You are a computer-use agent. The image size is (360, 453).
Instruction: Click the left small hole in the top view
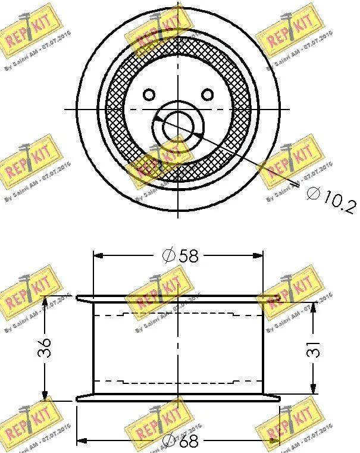(149, 94)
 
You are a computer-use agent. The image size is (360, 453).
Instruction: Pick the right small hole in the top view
(207, 94)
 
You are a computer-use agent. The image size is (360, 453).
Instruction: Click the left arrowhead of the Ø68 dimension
(84, 442)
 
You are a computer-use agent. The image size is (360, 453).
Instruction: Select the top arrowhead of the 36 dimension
(45, 301)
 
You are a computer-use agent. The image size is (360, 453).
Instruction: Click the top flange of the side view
(179, 298)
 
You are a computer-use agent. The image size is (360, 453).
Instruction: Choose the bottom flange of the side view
(179, 398)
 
